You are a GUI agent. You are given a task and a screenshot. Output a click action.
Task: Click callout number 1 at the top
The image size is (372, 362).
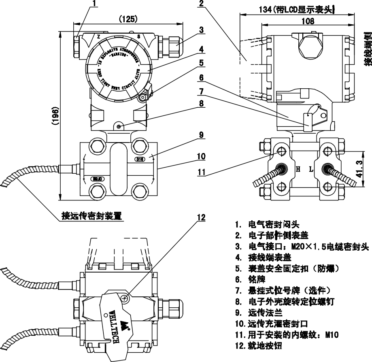pos(95,4)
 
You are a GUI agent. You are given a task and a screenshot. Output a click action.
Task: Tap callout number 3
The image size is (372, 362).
pos(201,30)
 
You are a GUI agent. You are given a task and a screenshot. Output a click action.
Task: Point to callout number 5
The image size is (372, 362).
pos(201,64)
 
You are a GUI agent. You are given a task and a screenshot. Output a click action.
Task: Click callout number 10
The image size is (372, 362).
pos(201,156)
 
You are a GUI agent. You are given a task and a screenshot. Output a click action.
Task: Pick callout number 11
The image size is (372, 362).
pos(201,173)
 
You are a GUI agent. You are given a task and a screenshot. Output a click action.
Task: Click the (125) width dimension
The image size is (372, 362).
pos(128,19)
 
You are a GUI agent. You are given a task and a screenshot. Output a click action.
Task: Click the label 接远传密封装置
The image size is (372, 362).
pos(91,215)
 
